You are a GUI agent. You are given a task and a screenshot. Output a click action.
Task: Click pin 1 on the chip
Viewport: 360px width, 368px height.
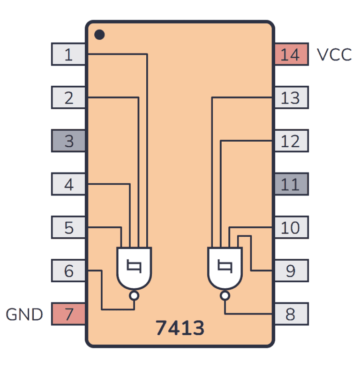pos(68,54)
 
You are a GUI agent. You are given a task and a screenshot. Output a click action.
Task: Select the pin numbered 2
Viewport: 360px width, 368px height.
pos(68,98)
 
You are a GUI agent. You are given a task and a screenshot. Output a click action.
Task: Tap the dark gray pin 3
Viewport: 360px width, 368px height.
pos(68,141)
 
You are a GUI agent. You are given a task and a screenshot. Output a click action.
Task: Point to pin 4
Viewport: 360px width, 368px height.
pos(68,184)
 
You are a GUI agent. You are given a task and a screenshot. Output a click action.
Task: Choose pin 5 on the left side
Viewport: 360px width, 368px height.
pos(68,227)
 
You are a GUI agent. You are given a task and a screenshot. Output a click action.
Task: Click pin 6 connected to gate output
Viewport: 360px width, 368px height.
pos(68,270)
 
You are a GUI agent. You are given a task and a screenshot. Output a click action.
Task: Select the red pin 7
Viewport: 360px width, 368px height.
pos(68,314)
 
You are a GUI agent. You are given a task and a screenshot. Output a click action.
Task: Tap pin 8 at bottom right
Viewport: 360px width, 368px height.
pos(291,314)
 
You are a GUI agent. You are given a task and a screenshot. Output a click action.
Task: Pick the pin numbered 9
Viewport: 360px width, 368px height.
pos(291,270)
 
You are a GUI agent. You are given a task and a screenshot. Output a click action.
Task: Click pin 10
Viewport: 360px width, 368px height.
pos(291,227)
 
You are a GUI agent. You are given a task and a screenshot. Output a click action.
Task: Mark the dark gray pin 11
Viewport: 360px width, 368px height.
pos(291,184)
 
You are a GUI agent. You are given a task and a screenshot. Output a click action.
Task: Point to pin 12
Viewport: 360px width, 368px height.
pos(291,141)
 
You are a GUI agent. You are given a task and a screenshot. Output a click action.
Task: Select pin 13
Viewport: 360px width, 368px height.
pos(291,98)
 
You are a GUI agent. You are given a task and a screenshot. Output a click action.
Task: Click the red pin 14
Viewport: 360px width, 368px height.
pos(291,54)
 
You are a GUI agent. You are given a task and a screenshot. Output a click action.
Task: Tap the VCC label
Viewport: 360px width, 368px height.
pos(334,55)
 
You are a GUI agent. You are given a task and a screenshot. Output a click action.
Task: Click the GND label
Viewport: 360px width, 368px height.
pos(24,314)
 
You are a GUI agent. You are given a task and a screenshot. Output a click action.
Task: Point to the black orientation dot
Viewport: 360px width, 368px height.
pos(99,34)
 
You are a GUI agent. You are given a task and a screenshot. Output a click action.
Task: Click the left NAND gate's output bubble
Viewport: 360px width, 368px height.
pos(134,296)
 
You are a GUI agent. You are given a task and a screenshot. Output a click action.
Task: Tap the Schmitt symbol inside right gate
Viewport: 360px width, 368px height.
pos(225,267)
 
